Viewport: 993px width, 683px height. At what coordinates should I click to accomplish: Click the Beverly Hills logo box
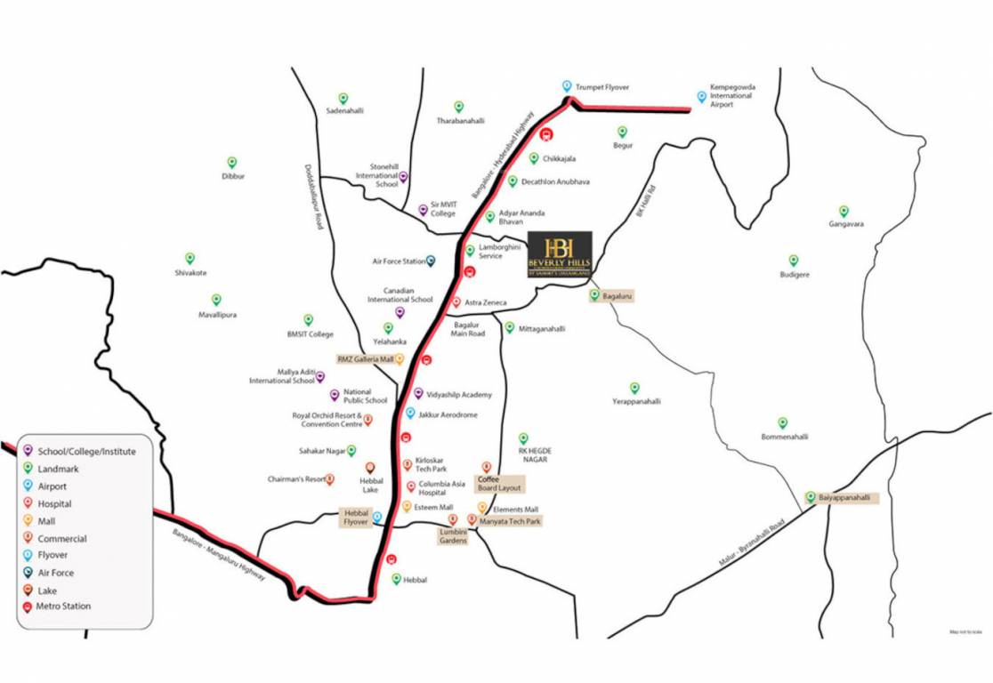[560, 255]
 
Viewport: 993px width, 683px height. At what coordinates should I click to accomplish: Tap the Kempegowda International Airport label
[732, 96]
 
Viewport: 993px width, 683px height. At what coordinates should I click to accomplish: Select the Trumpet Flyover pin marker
[567, 86]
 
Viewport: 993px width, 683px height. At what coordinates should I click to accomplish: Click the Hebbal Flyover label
[356, 518]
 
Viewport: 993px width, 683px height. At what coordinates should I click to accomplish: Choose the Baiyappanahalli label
[844, 498]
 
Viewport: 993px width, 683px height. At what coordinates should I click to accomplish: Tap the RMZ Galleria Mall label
[365, 359]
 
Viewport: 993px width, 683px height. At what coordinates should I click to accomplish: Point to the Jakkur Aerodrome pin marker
[410, 414]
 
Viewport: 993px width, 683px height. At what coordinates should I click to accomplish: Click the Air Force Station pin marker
[431, 261]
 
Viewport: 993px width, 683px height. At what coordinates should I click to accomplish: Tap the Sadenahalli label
[344, 111]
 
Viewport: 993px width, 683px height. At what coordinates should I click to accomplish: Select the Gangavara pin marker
[844, 211]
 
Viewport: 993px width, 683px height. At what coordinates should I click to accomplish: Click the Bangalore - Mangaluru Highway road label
[219, 555]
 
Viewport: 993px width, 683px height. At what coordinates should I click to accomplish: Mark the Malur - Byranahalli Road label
[754, 542]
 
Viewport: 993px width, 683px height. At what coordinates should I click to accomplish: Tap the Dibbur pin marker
[231, 163]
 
